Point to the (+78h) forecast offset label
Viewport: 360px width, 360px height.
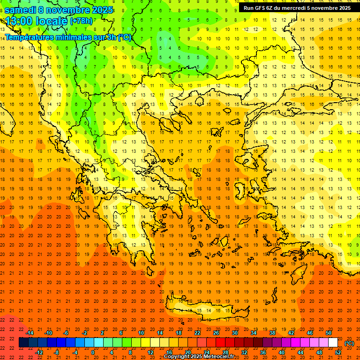tap(81, 21)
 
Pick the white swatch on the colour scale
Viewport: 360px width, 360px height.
tap(333, 343)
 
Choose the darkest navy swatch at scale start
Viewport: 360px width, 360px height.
tap(23, 343)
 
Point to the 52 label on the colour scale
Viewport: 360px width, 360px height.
tap(338, 352)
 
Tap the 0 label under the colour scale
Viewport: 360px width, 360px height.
tap(93, 352)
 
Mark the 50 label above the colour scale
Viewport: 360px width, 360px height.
tap(329, 333)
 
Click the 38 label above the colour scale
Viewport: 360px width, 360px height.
tap(272, 333)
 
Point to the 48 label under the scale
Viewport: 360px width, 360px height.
tap(319, 352)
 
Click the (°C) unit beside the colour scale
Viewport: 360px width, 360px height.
tap(349, 343)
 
